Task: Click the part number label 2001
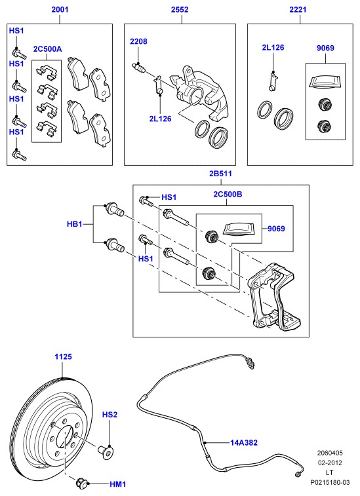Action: click(x=60, y=9)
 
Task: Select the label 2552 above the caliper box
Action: click(x=180, y=9)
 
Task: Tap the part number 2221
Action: click(x=298, y=9)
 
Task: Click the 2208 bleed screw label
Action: click(x=138, y=41)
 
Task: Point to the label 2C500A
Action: click(x=47, y=49)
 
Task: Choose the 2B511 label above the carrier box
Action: click(x=220, y=174)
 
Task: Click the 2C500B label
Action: click(x=228, y=194)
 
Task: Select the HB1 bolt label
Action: click(x=74, y=224)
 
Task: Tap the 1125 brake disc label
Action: click(x=64, y=357)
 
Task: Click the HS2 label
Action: click(x=110, y=415)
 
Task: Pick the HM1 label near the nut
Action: click(x=118, y=484)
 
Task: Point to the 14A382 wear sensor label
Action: click(x=244, y=442)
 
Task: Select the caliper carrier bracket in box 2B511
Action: click(x=274, y=297)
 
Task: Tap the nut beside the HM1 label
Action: click(x=81, y=483)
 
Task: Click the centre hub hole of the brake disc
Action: click(x=65, y=436)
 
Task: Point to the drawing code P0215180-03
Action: click(x=330, y=482)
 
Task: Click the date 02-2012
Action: click(x=330, y=463)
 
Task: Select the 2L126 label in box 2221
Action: click(x=273, y=48)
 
